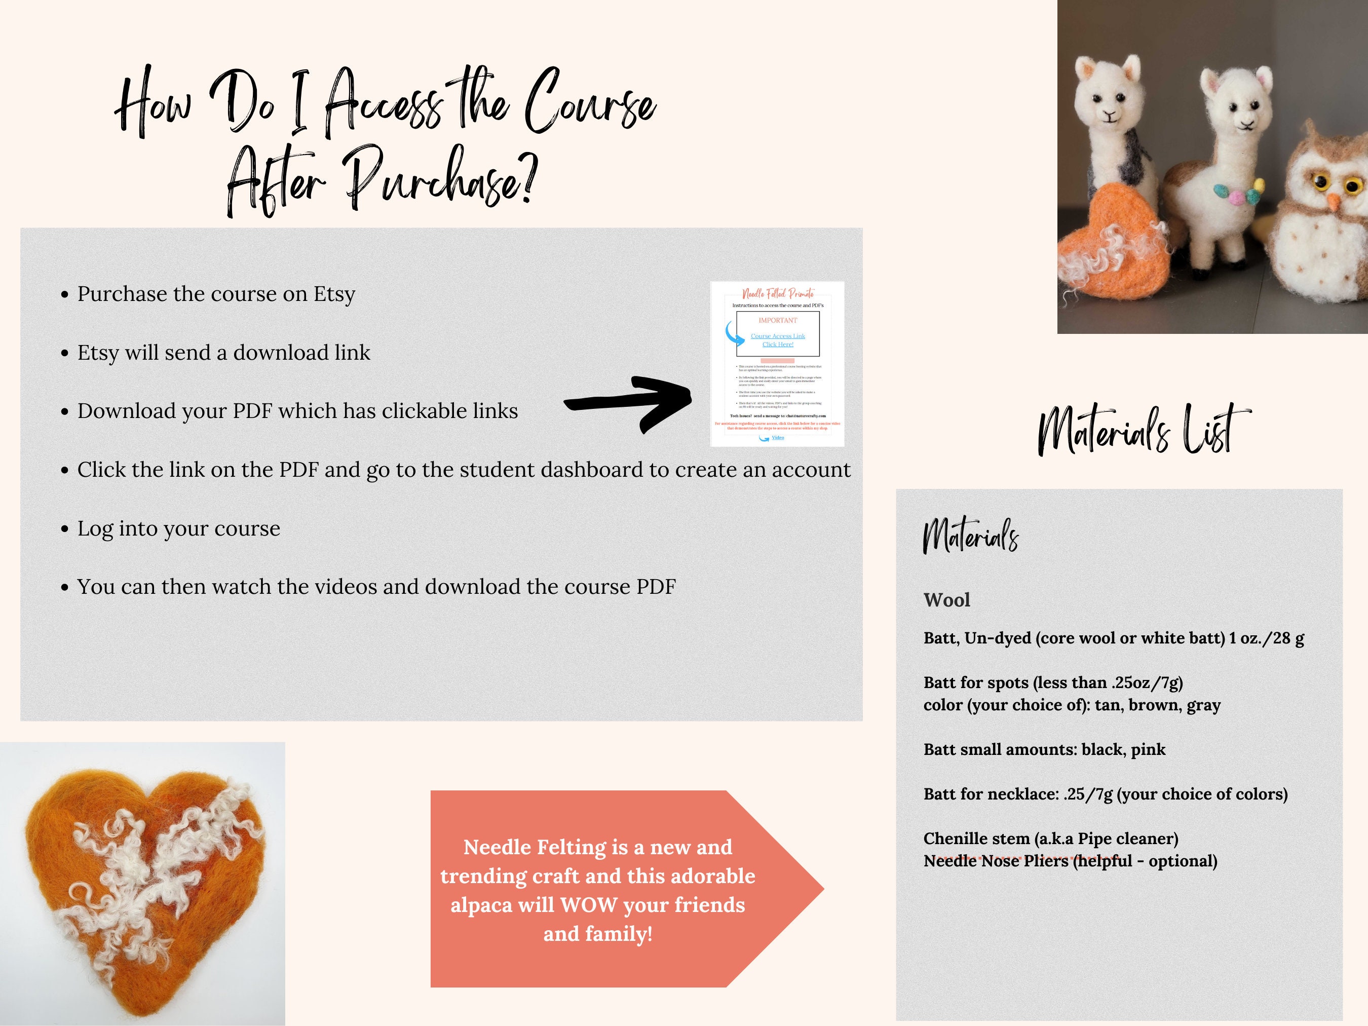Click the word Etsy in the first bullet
point(334,294)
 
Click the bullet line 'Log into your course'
point(178,529)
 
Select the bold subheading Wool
point(946,600)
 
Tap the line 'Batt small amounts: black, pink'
point(1044,749)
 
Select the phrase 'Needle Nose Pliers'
point(996,861)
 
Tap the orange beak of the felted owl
point(1334,202)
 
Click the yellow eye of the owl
point(1321,183)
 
